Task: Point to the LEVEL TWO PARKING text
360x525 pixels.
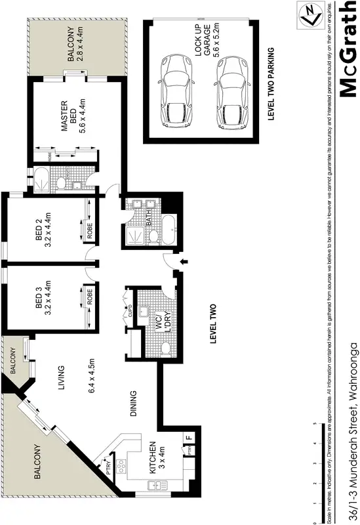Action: pyautogui.click(x=270, y=84)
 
